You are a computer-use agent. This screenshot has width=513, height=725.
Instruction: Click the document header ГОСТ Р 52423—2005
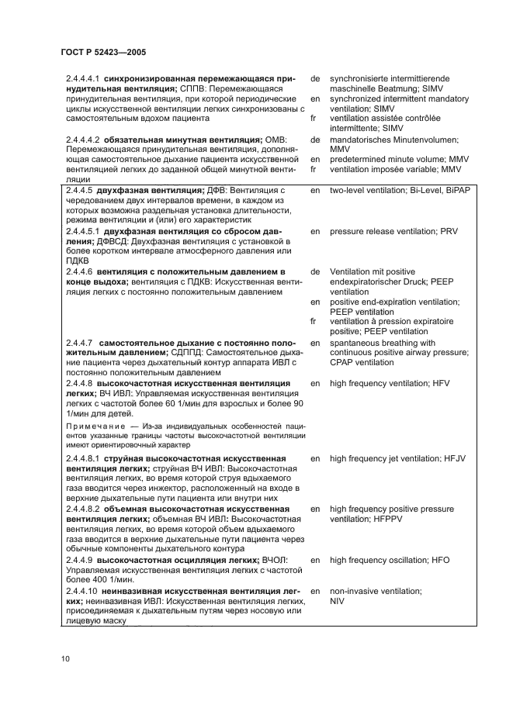click(x=103, y=52)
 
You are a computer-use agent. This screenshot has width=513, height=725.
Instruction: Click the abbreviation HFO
click(x=436, y=559)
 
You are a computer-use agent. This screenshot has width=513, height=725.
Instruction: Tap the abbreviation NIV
click(x=338, y=601)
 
